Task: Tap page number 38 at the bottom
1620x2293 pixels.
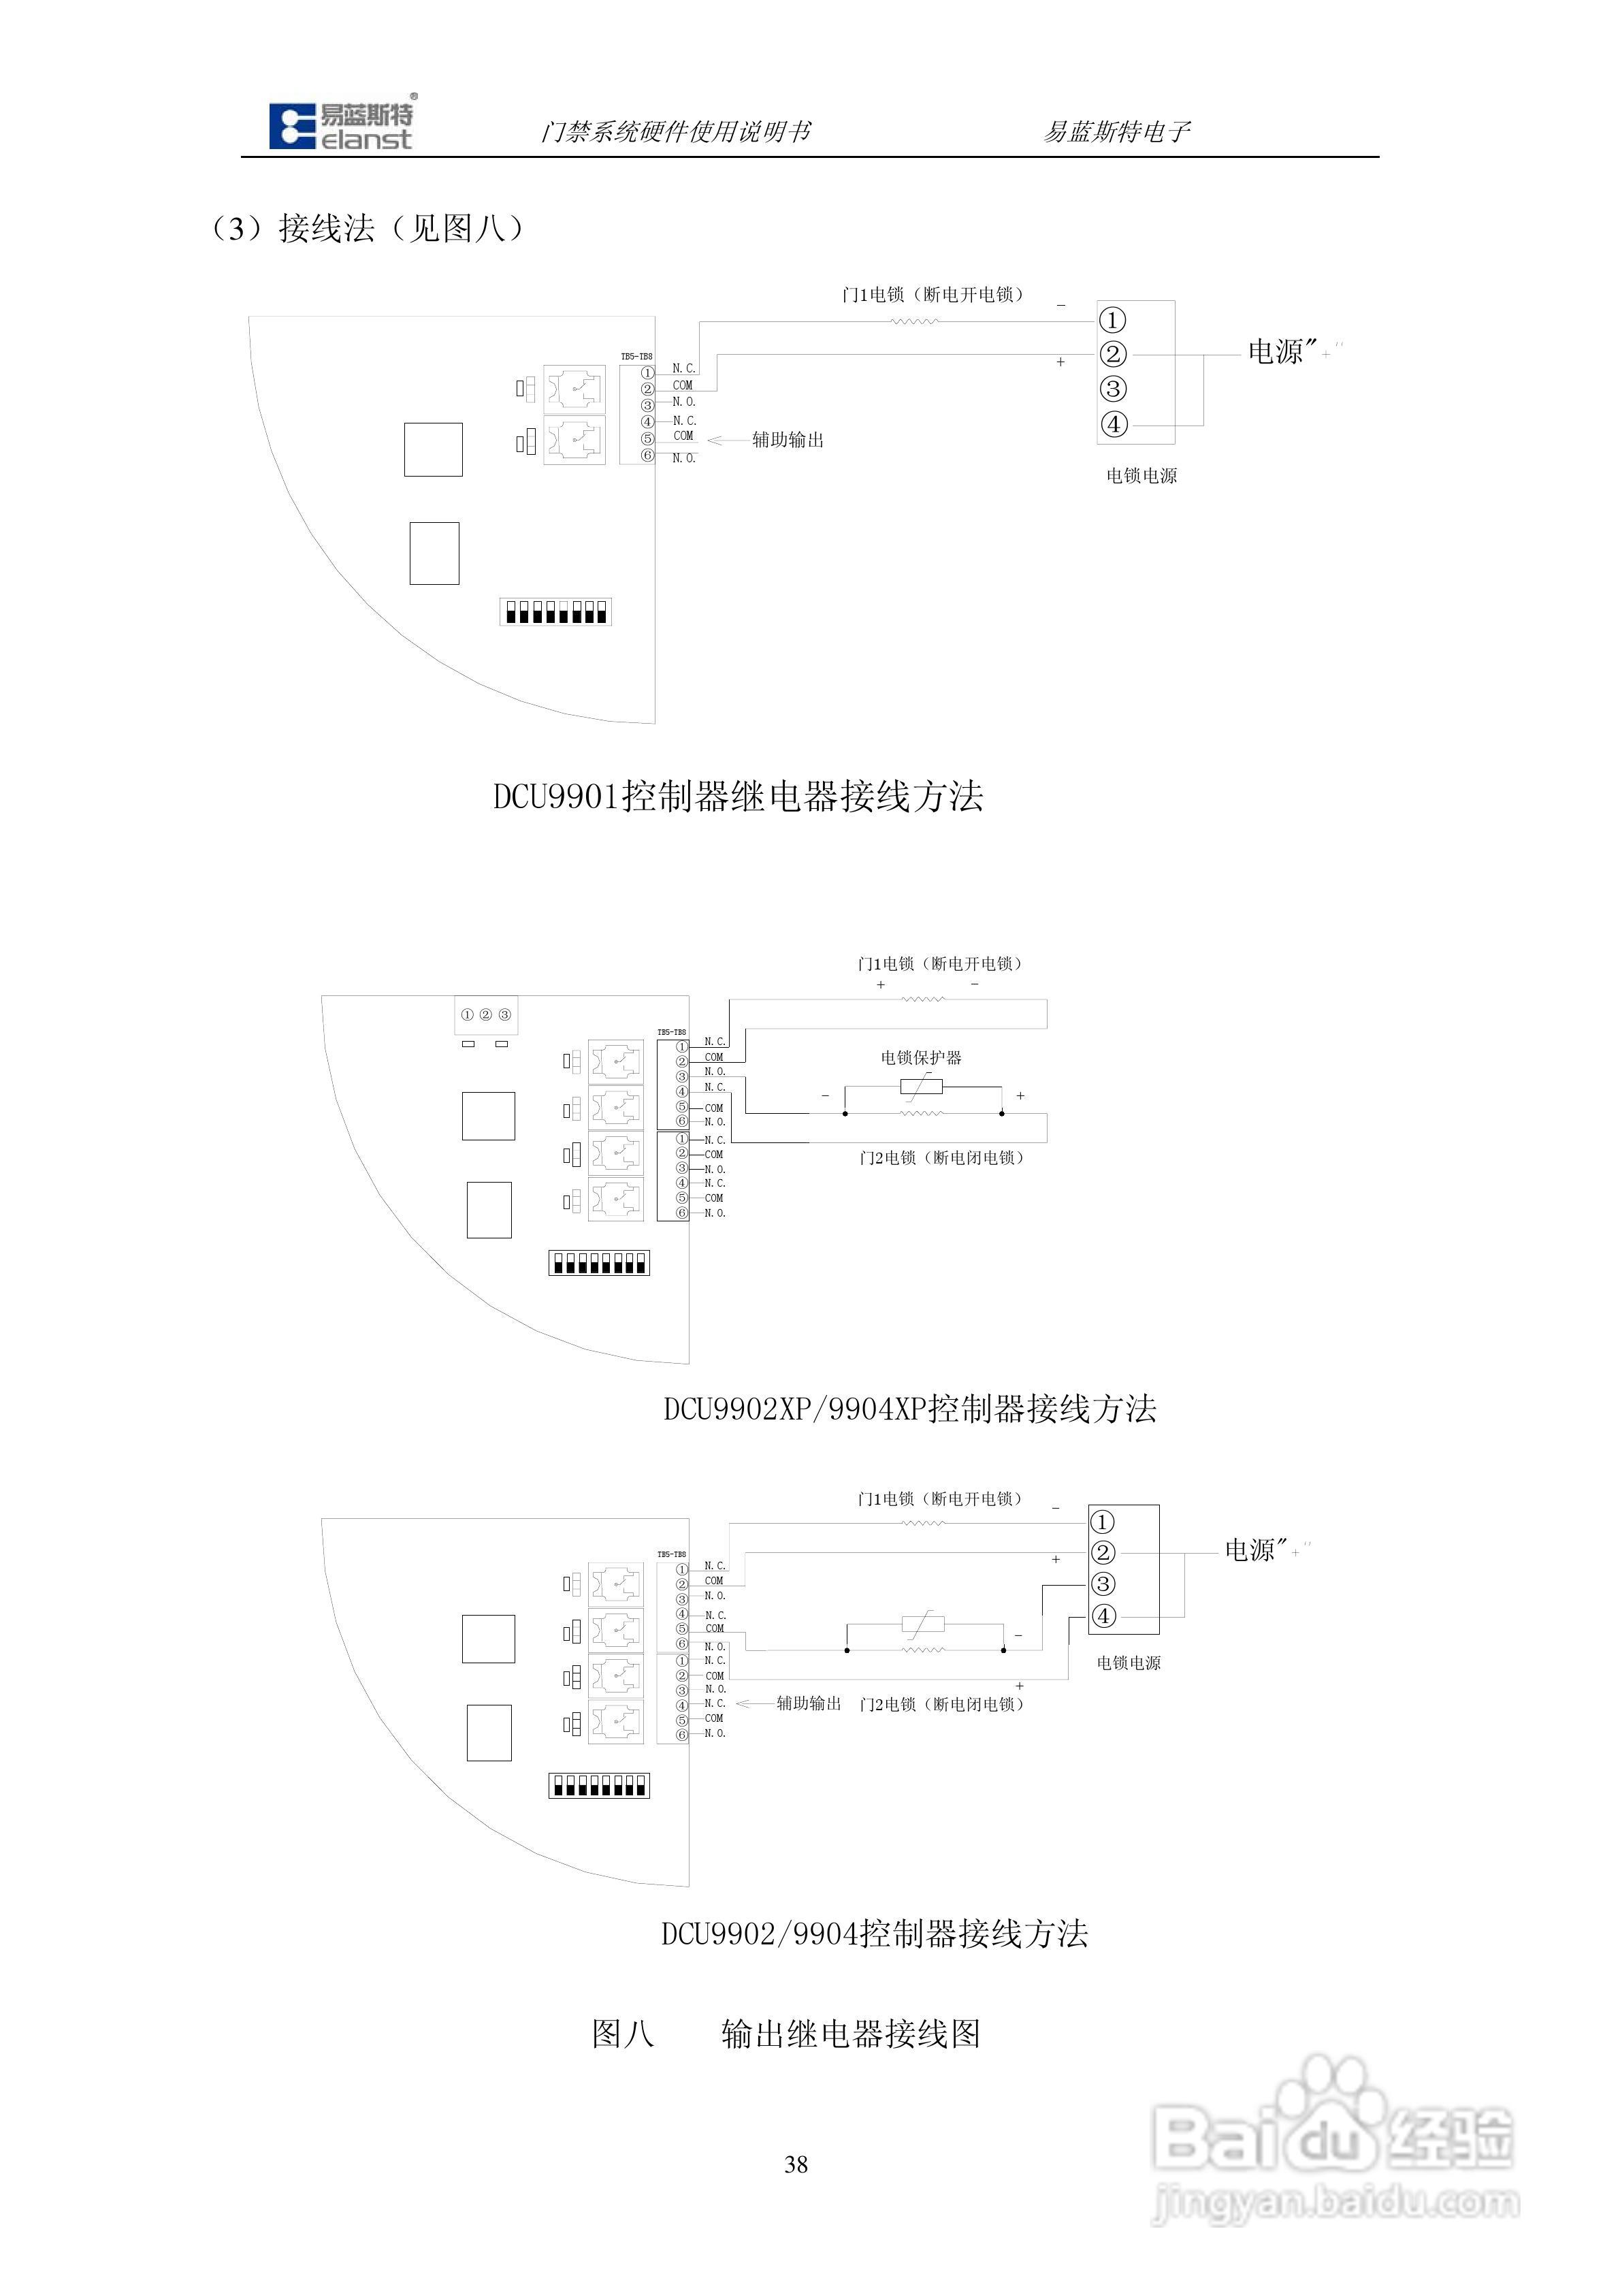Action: (796, 2164)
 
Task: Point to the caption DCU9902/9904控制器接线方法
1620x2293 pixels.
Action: (874, 1934)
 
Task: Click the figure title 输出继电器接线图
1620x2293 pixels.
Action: (850, 2034)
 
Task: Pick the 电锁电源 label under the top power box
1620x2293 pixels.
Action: (1141, 477)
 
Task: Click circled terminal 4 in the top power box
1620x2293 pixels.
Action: (1113, 424)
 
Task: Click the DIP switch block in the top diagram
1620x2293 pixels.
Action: (555, 611)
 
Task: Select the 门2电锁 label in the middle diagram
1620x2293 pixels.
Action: (941, 1157)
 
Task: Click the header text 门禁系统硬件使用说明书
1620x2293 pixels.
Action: (675, 132)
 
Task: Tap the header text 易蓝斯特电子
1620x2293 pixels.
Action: (1116, 132)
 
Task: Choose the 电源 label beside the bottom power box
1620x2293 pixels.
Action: (1250, 1550)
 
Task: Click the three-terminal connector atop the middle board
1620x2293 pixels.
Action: (485, 1014)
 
